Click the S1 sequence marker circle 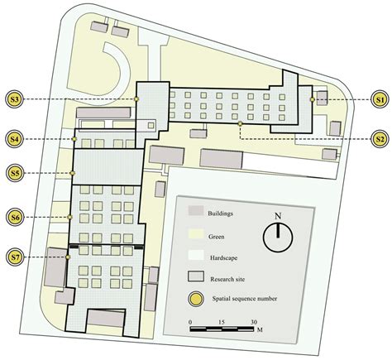click(380, 99)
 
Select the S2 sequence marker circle click(380, 139)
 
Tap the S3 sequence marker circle click(14, 99)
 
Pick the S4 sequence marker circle click(14, 139)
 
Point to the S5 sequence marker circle click(15, 173)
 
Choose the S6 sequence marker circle click(15, 217)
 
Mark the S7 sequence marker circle click(15, 257)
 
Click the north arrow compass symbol click(278, 238)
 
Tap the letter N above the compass click(278, 216)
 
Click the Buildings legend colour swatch click(196, 210)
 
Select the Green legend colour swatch click(196, 234)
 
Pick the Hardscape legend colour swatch click(196, 255)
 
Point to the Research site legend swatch click(196, 276)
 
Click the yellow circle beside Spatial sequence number click(196, 299)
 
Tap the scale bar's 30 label click(254, 322)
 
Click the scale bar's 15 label click(222, 322)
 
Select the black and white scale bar click(222, 329)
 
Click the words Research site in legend click(227, 279)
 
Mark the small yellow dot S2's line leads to click(240, 124)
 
